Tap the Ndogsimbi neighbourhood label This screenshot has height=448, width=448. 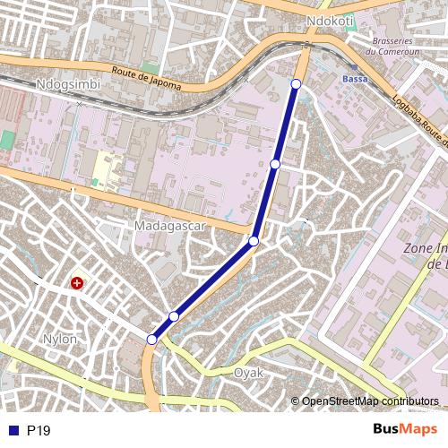point(68,84)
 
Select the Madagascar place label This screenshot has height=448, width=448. point(170,226)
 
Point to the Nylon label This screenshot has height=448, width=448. point(60,339)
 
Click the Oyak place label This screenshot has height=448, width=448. point(248,372)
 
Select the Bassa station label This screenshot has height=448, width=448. point(355,79)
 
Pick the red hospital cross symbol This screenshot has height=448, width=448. point(77,284)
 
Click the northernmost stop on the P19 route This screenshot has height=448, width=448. point(297,84)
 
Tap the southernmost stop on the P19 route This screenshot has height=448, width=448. point(152,340)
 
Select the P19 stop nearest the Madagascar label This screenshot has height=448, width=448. point(254,241)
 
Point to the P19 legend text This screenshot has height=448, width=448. point(39,431)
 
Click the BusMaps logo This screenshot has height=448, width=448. point(405,430)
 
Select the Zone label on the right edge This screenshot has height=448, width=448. point(426,247)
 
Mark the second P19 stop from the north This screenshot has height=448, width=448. point(275,164)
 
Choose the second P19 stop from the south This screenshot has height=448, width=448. point(174,316)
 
